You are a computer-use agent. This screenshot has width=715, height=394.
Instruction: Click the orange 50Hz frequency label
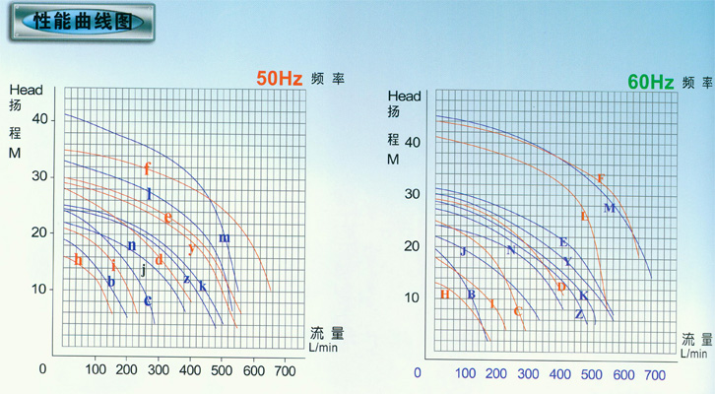click(x=279, y=80)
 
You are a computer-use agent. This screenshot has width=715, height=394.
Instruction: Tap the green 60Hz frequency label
click(x=650, y=82)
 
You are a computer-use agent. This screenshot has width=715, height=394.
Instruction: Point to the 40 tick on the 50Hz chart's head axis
click(x=40, y=118)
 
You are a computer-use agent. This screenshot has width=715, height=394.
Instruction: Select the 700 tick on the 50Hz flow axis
click(x=284, y=369)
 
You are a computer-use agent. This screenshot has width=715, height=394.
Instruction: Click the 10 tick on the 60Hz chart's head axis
click(x=412, y=296)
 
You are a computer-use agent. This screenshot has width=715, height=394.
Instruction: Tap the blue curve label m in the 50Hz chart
click(x=224, y=237)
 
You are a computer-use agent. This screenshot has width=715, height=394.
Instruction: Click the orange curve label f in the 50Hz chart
click(x=147, y=167)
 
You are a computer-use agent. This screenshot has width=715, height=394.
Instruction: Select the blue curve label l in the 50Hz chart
click(x=149, y=194)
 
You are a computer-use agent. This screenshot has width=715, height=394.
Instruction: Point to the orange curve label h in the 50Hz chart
click(x=78, y=259)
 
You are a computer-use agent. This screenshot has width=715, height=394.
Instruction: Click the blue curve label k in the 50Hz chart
click(x=202, y=286)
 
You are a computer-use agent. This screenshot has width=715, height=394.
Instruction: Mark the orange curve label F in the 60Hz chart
click(x=601, y=178)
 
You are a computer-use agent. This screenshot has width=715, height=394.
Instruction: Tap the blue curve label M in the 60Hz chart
click(x=609, y=207)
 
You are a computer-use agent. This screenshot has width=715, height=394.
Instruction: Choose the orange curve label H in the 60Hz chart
click(x=444, y=294)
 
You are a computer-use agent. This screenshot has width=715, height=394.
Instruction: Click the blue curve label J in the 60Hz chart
click(x=462, y=251)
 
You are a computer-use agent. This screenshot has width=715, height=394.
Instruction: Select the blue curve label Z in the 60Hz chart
click(x=579, y=314)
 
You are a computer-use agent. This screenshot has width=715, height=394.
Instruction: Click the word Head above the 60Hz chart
click(x=405, y=96)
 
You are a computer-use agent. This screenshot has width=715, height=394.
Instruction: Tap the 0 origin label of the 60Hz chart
click(x=418, y=374)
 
